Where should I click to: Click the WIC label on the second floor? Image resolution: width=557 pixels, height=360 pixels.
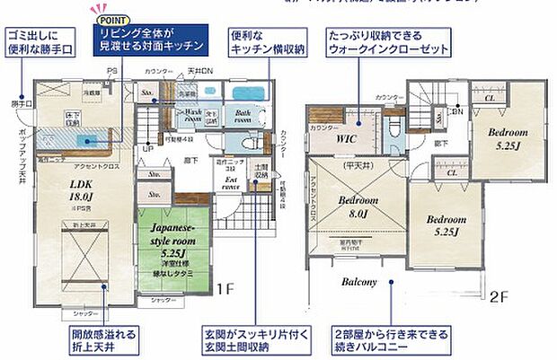click(347, 141)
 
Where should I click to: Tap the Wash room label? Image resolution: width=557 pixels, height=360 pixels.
click(190, 116)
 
